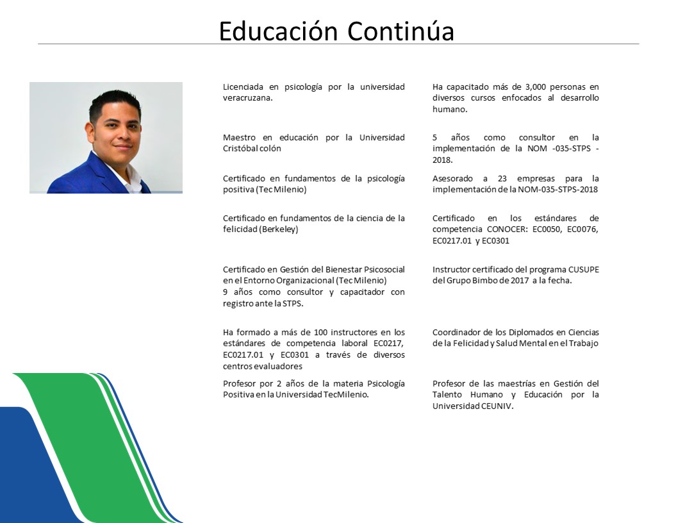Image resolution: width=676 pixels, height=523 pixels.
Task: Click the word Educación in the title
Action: (278, 31)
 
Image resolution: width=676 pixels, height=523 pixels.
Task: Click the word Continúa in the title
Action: (400, 31)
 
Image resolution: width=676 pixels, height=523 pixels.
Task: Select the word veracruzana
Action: (247, 98)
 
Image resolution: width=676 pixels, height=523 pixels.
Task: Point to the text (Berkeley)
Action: (279, 229)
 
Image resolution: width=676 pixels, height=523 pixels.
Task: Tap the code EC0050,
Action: (547, 229)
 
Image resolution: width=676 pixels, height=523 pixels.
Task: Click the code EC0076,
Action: (582, 229)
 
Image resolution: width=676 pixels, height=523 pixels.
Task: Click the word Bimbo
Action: (483, 281)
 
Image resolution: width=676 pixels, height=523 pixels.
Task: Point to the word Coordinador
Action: (456, 333)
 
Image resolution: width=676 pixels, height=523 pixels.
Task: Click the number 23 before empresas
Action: (502, 179)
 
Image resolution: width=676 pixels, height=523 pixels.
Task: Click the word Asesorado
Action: (452, 179)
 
